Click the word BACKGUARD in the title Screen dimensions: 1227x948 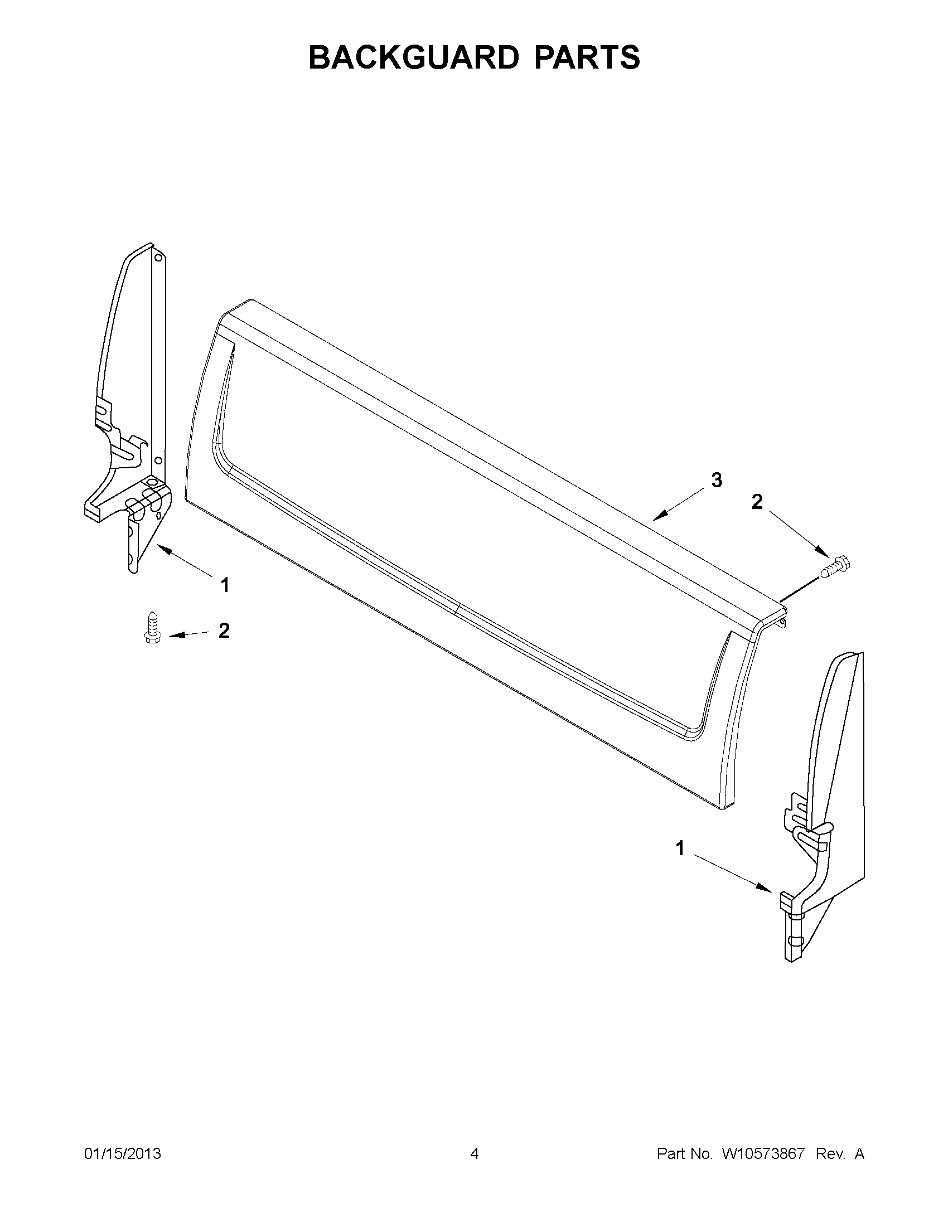[x=412, y=57]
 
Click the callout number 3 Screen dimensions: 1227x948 [x=717, y=481]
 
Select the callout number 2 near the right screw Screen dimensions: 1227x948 [x=757, y=502]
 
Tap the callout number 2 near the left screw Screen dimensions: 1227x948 [x=224, y=631]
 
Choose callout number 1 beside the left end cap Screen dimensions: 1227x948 [x=225, y=585]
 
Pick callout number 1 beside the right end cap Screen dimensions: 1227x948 [x=680, y=848]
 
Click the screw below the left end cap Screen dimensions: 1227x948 [x=151, y=628]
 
